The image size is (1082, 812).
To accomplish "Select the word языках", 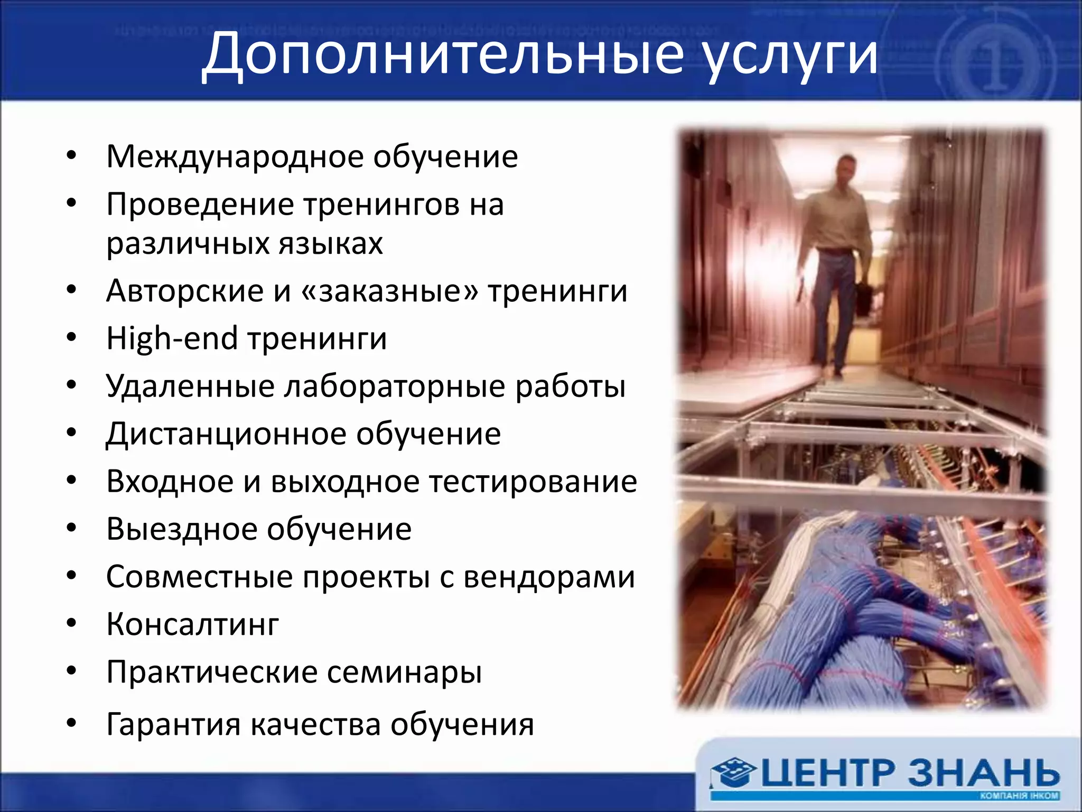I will pos(331,244).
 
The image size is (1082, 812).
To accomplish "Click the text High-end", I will pos(172,339).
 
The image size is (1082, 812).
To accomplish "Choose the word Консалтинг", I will pos(192,624).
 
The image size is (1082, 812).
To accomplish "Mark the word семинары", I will pos(404,672).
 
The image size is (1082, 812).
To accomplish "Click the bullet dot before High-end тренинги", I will pos(72,337).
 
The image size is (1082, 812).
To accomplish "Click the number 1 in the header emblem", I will pos(996,66).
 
